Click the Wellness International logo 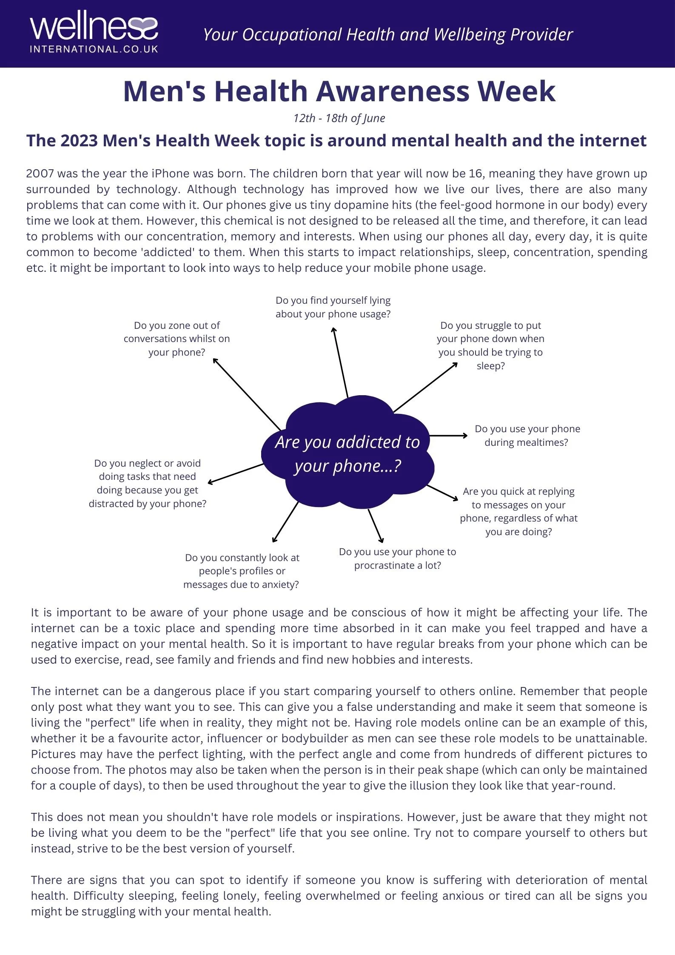[94, 32]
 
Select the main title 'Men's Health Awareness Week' [339, 91]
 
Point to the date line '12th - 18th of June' [339, 118]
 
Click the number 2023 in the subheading [79, 141]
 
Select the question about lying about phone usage [333, 307]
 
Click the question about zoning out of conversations [177, 339]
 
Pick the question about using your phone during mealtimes [527, 436]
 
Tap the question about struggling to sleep [490, 345]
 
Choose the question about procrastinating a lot [397, 559]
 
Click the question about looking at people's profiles [242, 571]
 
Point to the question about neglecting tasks [148, 483]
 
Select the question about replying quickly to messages [518, 511]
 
